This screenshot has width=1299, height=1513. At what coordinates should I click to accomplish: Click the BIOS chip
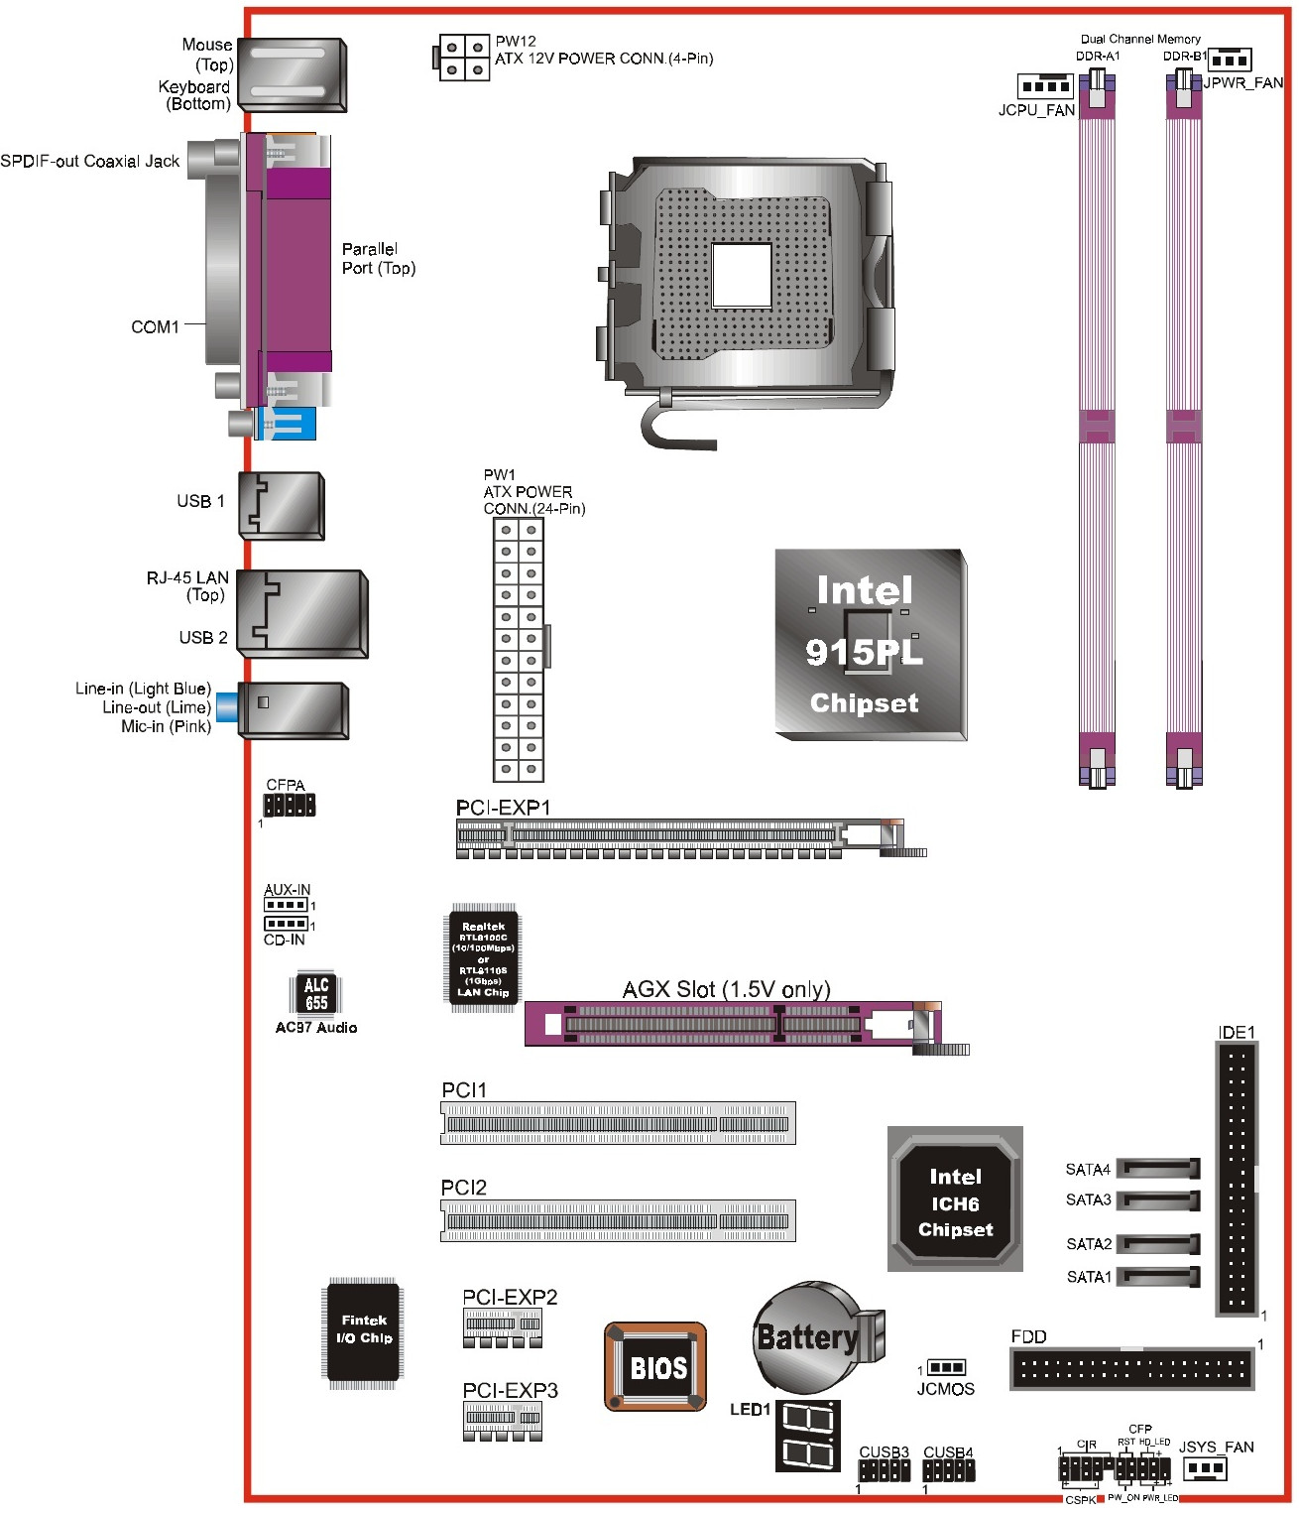(x=655, y=1366)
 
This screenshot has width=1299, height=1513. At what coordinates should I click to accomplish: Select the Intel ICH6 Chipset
(x=954, y=1201)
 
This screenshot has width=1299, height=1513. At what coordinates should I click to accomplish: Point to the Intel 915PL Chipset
(x=869, y=645)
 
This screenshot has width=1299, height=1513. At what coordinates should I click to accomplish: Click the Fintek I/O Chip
(x=363, y=1329)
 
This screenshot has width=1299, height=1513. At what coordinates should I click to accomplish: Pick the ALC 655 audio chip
(x=316, y=993)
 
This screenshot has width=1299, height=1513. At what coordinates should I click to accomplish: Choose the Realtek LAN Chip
(x=483, y=957)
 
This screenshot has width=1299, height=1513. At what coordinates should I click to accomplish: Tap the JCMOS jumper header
(x=946, y=1368)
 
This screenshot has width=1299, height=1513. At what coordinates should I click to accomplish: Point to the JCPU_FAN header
(x=1044, y=85)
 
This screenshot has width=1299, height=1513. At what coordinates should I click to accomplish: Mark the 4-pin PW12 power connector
(x=463, y=59)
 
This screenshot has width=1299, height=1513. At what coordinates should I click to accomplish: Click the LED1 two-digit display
(x=807, y=1435)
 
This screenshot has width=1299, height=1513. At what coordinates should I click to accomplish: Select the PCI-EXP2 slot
(x=503, y=1326)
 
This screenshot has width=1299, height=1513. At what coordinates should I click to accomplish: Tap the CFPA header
(x=289, y=805)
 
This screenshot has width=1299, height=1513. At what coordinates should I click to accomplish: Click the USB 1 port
(x=283, y=505)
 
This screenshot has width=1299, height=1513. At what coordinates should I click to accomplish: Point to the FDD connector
(x=1131, y=1369)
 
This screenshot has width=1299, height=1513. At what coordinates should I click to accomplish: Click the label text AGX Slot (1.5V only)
(x=726, y=989)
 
